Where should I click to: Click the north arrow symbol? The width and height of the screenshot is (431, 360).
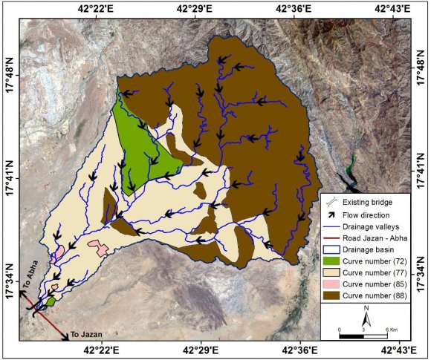click(366, 315)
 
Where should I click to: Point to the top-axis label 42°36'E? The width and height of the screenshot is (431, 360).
click(296, 9)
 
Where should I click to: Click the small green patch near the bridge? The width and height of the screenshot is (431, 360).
click(50, 301)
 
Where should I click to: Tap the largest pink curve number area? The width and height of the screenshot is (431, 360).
click(99, 246)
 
